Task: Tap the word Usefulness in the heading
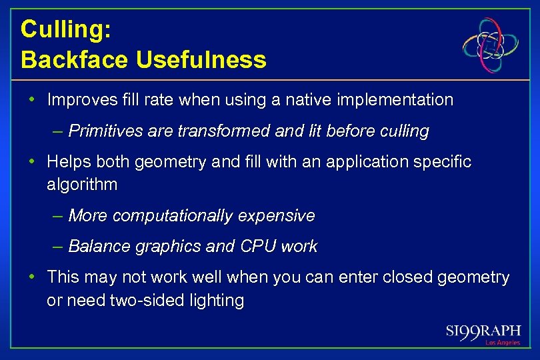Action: point(201,60)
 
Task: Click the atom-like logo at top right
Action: point(491,45)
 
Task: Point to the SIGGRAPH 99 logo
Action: point(483,331)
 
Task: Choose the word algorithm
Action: point(82,185)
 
